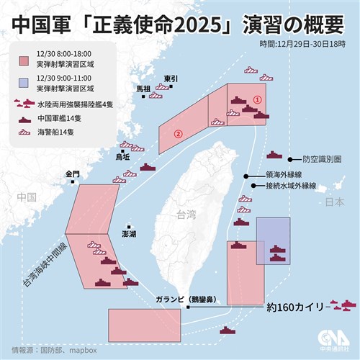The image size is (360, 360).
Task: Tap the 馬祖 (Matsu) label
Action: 144,88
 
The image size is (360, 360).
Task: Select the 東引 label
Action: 171,78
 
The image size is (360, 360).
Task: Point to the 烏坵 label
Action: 122,156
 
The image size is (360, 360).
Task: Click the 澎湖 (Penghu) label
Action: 129,235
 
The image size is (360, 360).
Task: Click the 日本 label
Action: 336,204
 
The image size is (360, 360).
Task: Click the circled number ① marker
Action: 257,101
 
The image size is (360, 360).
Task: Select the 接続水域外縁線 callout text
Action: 285,186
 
